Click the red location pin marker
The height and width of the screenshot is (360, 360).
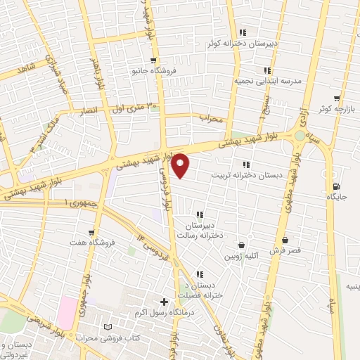181,165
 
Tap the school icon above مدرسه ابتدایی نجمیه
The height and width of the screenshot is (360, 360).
266,70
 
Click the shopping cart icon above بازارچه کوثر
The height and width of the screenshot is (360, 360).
337,98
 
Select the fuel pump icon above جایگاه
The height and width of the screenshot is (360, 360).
336,187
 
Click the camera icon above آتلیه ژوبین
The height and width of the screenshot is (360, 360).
243,245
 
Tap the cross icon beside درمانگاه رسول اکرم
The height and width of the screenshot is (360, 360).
164,302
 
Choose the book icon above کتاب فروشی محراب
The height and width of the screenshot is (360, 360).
107,328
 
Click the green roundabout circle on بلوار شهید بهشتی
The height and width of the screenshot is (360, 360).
301,134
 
